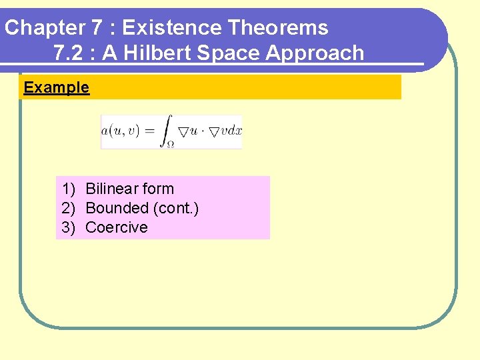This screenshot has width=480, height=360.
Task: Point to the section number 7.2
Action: (67, 53)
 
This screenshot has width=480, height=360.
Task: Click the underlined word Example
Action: (56, 87)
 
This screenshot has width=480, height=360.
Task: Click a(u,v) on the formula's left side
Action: (120, 131)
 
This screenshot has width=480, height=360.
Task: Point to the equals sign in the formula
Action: (151, 131)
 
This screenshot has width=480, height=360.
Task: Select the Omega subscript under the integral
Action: (171, 143)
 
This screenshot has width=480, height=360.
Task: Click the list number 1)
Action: (69, 189)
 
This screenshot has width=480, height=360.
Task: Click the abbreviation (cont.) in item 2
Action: (176, 208)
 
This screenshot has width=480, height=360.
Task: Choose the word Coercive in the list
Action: (117, 227)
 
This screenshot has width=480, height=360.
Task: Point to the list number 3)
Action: (69, 227)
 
